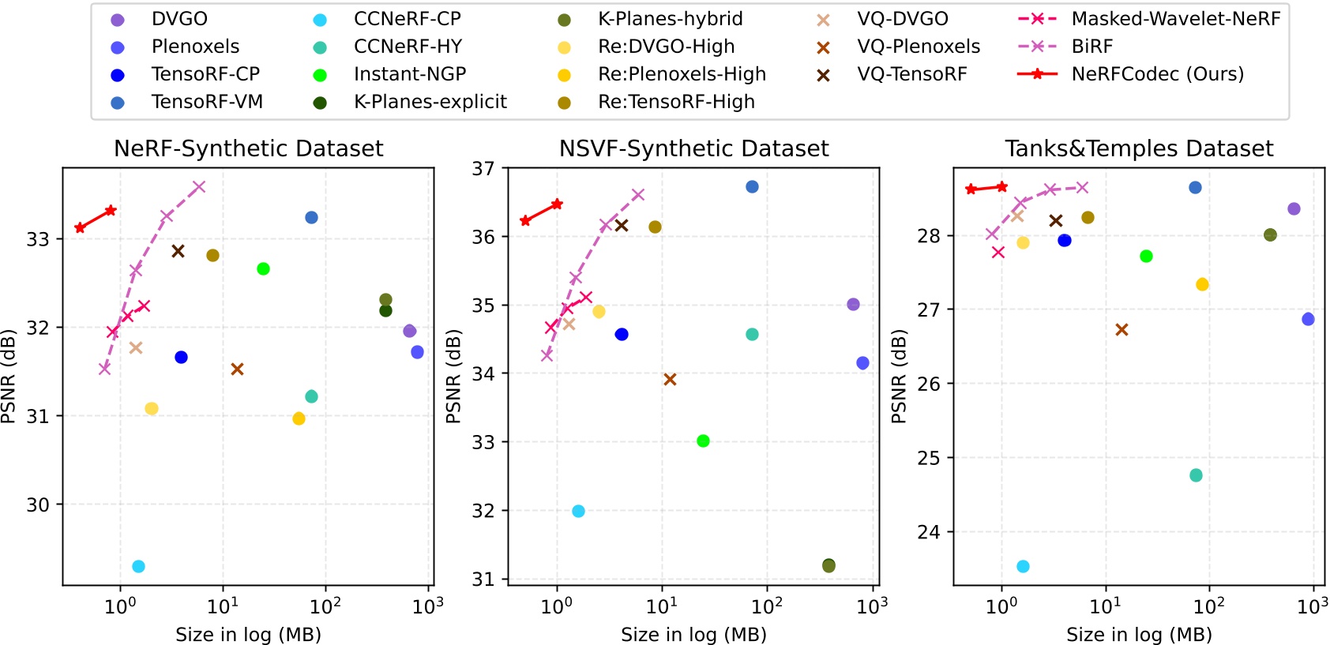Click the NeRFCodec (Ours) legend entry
click(1157, 74)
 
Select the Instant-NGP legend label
click(409, 74)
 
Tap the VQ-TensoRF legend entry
click(911, 74)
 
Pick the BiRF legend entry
click(1091, 47)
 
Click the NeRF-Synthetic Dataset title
click(248, 148)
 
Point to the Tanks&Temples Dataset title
click(1139, 148)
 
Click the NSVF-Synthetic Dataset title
click(693, 148)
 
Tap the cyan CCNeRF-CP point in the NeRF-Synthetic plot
click(138, 566)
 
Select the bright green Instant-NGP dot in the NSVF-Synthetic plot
click(703, 441)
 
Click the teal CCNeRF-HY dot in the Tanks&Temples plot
click(1196, 475)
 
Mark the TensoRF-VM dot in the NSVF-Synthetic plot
click(752, 186)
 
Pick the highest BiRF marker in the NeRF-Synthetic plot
click(199, 187)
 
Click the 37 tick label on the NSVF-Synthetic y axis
click(483, 168)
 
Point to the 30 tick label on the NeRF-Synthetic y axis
click(38, 504)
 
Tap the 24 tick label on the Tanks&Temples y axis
click(929, 532)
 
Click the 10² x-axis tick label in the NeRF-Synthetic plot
click(325, 606)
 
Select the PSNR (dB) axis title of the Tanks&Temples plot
click(899, 376)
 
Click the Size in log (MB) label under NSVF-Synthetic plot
click(693, 635)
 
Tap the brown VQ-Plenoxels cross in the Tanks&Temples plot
click(1121, 329)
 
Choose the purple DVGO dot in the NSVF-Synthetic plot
click(853, 304)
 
